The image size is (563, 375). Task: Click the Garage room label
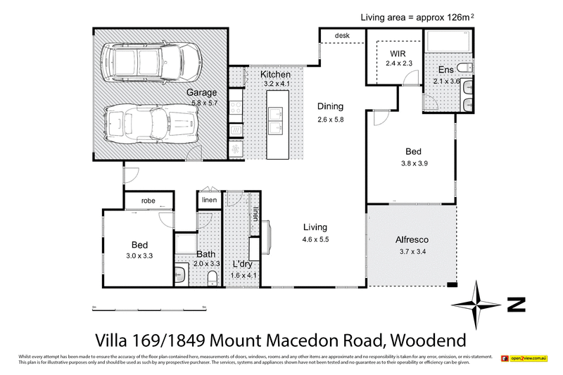201,92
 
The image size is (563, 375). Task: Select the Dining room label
330,106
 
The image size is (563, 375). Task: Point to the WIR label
398,53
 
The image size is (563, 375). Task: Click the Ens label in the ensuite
446,70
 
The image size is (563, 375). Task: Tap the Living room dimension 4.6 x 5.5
315,239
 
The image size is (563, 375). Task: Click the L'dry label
244,265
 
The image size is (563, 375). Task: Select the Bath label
205,254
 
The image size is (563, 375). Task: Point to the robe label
148,200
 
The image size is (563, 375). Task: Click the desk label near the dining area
342,35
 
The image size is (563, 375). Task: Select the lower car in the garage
150,122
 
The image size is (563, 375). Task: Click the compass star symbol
477,305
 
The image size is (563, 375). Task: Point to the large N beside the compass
517,305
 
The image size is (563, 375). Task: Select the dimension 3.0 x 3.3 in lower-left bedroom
139,255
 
